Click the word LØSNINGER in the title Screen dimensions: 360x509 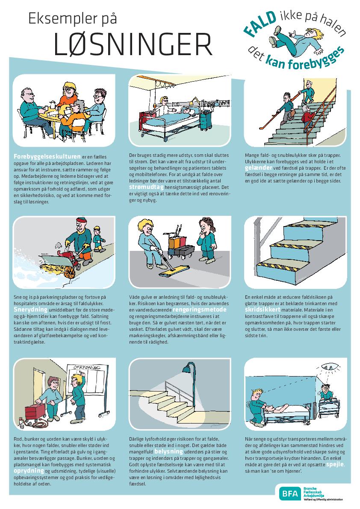(x=133, y=44)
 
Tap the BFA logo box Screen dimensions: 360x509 (x=290, y=494)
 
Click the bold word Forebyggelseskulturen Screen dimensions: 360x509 (x=47, y=157)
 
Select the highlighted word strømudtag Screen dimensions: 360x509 (x=146, y=187)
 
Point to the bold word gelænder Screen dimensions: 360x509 (x=258, y=168)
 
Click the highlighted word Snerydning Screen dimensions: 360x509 (x=30, y=310)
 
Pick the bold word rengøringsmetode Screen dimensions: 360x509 (x=199, y=310)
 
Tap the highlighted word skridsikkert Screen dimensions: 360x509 (x=263, y=310)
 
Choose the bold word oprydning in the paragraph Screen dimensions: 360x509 (x=29, y=471)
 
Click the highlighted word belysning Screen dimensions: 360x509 (x=168, y=452)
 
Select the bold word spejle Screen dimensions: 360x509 (x=335, y=465)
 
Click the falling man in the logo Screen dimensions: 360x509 (x=295, y=40)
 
